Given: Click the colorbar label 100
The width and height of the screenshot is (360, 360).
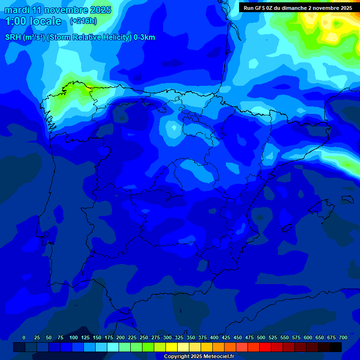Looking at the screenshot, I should point(74,337).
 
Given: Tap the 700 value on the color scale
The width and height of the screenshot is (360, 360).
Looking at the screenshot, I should point(343,337).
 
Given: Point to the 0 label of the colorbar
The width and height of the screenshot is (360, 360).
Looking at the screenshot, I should point(24,337).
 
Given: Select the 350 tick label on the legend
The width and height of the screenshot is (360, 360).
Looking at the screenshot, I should point(191,337).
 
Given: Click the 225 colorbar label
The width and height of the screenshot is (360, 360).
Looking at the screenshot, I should point(132,337).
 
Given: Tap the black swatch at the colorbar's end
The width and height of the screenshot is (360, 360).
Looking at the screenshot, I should point(336,347).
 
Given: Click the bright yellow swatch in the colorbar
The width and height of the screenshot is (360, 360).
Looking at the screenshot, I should point(172,347).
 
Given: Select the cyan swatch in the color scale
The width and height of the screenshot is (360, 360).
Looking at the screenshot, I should point(113,347).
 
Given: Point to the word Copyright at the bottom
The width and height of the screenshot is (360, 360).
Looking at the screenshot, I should point(177,357).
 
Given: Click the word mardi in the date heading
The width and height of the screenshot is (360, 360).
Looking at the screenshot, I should point(17,10).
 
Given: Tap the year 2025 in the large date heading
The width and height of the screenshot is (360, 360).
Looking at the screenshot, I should point(100,10).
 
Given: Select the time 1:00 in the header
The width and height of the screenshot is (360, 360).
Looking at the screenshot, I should point(16,21).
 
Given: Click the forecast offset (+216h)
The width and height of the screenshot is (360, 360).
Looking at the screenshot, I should point(83,21).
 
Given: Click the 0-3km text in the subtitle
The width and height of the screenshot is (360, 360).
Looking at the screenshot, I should point(144,37).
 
